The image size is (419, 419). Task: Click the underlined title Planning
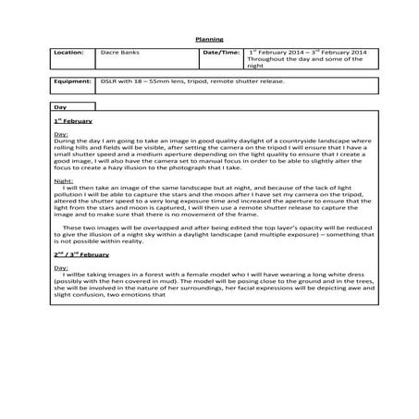(x=209, y=39)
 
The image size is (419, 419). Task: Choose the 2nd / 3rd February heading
(x=81, y=253)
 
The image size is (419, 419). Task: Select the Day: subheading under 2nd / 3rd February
(x=61, y=266)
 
